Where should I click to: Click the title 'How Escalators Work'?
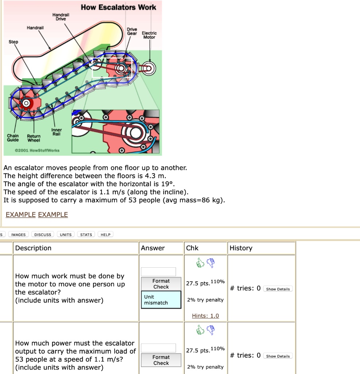pos(118,7)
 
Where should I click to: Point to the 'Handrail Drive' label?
pos(61,16)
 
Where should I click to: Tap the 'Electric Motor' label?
pos(149,35)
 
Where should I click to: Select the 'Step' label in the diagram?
pos(13,42)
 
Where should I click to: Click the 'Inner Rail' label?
pos(57,132)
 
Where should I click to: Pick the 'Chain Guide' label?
pos(13,138)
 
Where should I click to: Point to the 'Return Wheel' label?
pos(34,138)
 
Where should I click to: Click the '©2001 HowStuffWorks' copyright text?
pos(37,150)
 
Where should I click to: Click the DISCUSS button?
pos(43,234)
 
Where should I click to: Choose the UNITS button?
pos(66,234)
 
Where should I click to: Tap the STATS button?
pos(86,234)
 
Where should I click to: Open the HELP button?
pos(106,234)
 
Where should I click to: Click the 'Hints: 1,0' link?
pos(205,316)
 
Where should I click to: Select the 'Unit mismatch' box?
pos(161,300)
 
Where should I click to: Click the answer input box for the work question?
pos(158,272)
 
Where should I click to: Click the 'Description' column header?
pos(33,248)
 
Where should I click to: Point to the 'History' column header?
pos(241,248)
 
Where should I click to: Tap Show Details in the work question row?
pos(278,289)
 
